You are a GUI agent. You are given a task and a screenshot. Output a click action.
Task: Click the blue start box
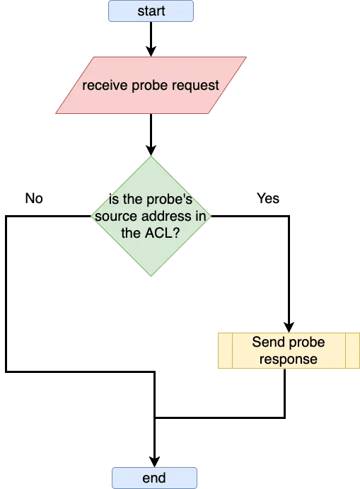[151, 11]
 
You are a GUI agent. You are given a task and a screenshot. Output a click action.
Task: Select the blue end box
[153, 478]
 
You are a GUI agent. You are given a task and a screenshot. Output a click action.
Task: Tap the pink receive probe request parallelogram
[151, 85]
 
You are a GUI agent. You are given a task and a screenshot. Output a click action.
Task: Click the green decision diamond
[151, 216]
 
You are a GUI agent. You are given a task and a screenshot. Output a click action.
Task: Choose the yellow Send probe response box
[288, 351]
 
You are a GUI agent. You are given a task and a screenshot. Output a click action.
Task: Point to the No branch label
[34, 199]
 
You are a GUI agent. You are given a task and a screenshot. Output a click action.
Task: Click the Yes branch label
[268, 200]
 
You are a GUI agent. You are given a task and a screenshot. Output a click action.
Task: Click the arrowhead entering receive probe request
[151, 51]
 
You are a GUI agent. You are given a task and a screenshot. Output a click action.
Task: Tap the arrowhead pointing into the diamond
[151, 149]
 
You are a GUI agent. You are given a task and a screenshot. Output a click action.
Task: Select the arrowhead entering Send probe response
[288, 327]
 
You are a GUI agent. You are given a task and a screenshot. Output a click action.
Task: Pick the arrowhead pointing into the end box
[153, 461]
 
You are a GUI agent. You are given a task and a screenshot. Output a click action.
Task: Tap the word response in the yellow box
[288, 359]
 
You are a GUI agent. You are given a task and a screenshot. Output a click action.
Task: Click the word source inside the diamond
[114, 217]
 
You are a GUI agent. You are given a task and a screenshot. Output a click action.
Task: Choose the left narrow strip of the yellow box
[224, 351]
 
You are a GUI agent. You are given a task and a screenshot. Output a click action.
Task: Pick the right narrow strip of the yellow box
[352, 351]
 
